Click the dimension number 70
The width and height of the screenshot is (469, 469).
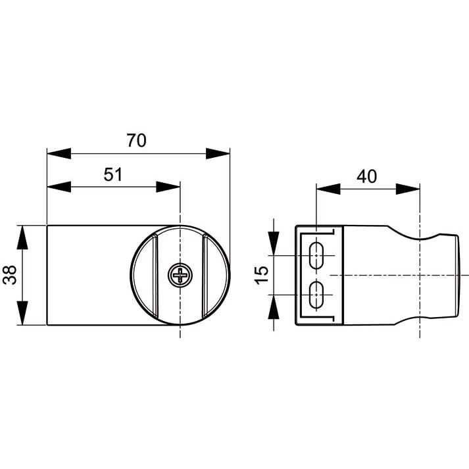pos(136,140)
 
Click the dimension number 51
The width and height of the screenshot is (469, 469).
pos(113,174)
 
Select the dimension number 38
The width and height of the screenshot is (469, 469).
pos(10,275)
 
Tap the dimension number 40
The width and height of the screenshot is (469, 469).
pos(366,176)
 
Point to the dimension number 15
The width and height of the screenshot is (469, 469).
pos(261,274)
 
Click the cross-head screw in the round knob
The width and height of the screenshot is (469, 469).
pos(180,275)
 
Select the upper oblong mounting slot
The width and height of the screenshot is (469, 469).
pos(316,256)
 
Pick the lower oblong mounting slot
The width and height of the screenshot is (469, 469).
pos(316,295)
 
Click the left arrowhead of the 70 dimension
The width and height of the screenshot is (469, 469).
pos(59,153)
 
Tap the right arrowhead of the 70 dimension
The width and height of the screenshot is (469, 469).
pos(218,153)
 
